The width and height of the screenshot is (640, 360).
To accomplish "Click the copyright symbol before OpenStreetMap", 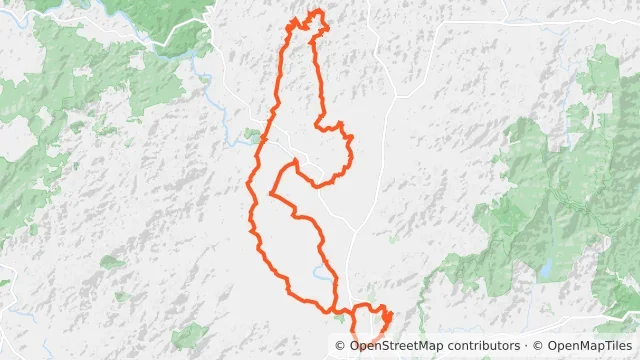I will pyautogui.click(x=342, y=347).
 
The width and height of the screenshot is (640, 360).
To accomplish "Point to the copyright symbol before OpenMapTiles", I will pyautogui.click(x=540, y=347).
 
